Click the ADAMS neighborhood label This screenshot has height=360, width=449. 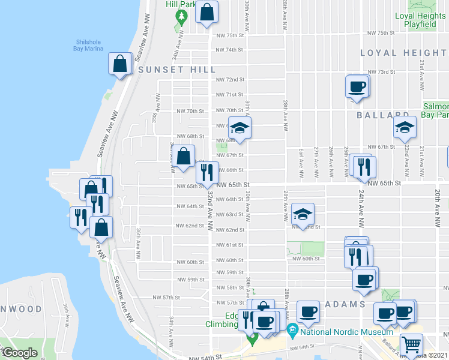click(345, 304)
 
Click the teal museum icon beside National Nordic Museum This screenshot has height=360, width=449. click(292, 329)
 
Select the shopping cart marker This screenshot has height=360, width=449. click(411, 344)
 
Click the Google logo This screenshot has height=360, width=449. click(20, 353)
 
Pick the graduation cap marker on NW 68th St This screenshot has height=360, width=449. click(240, 128)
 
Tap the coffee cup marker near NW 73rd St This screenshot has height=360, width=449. click(357, 86)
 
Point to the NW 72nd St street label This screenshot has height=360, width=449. click(231, 79)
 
